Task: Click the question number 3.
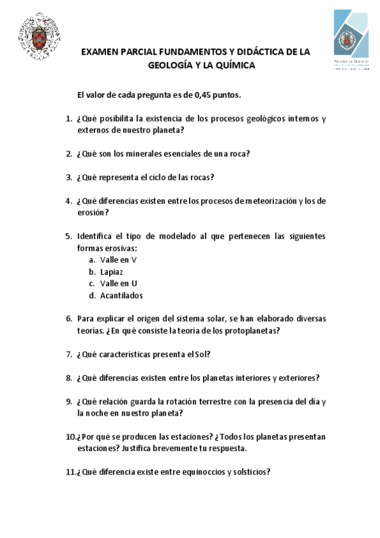(69, 177)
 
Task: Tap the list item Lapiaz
(112, 272)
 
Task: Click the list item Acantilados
(121, 296)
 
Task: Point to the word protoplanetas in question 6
(252, 331)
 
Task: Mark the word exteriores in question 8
(298, 378)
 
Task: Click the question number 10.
(70, 437)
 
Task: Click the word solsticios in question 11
(251, 472)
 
